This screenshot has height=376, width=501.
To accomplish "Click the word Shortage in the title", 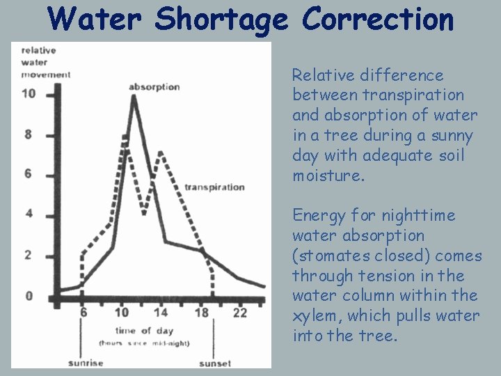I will [221, 19].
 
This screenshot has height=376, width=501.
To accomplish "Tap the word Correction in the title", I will [377, 19].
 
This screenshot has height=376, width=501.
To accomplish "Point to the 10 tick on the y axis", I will [29, 93].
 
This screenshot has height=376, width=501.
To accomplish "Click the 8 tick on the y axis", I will [29, 134].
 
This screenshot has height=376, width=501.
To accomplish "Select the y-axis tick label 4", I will [29, 213].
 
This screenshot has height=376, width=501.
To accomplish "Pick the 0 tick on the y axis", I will [29, 296].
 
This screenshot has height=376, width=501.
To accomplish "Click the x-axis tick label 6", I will [83, 313].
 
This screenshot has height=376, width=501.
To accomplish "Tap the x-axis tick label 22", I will [240, 313].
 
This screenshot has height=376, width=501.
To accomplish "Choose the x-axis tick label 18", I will [201, 313].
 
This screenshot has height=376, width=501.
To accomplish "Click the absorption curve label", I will [154, 87].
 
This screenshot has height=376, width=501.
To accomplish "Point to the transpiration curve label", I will [214, 187].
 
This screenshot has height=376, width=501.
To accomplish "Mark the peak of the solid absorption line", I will [134, 97].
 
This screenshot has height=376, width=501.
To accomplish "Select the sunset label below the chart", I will [215, 363].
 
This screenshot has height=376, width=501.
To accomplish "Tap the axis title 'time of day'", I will [145, 331].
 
